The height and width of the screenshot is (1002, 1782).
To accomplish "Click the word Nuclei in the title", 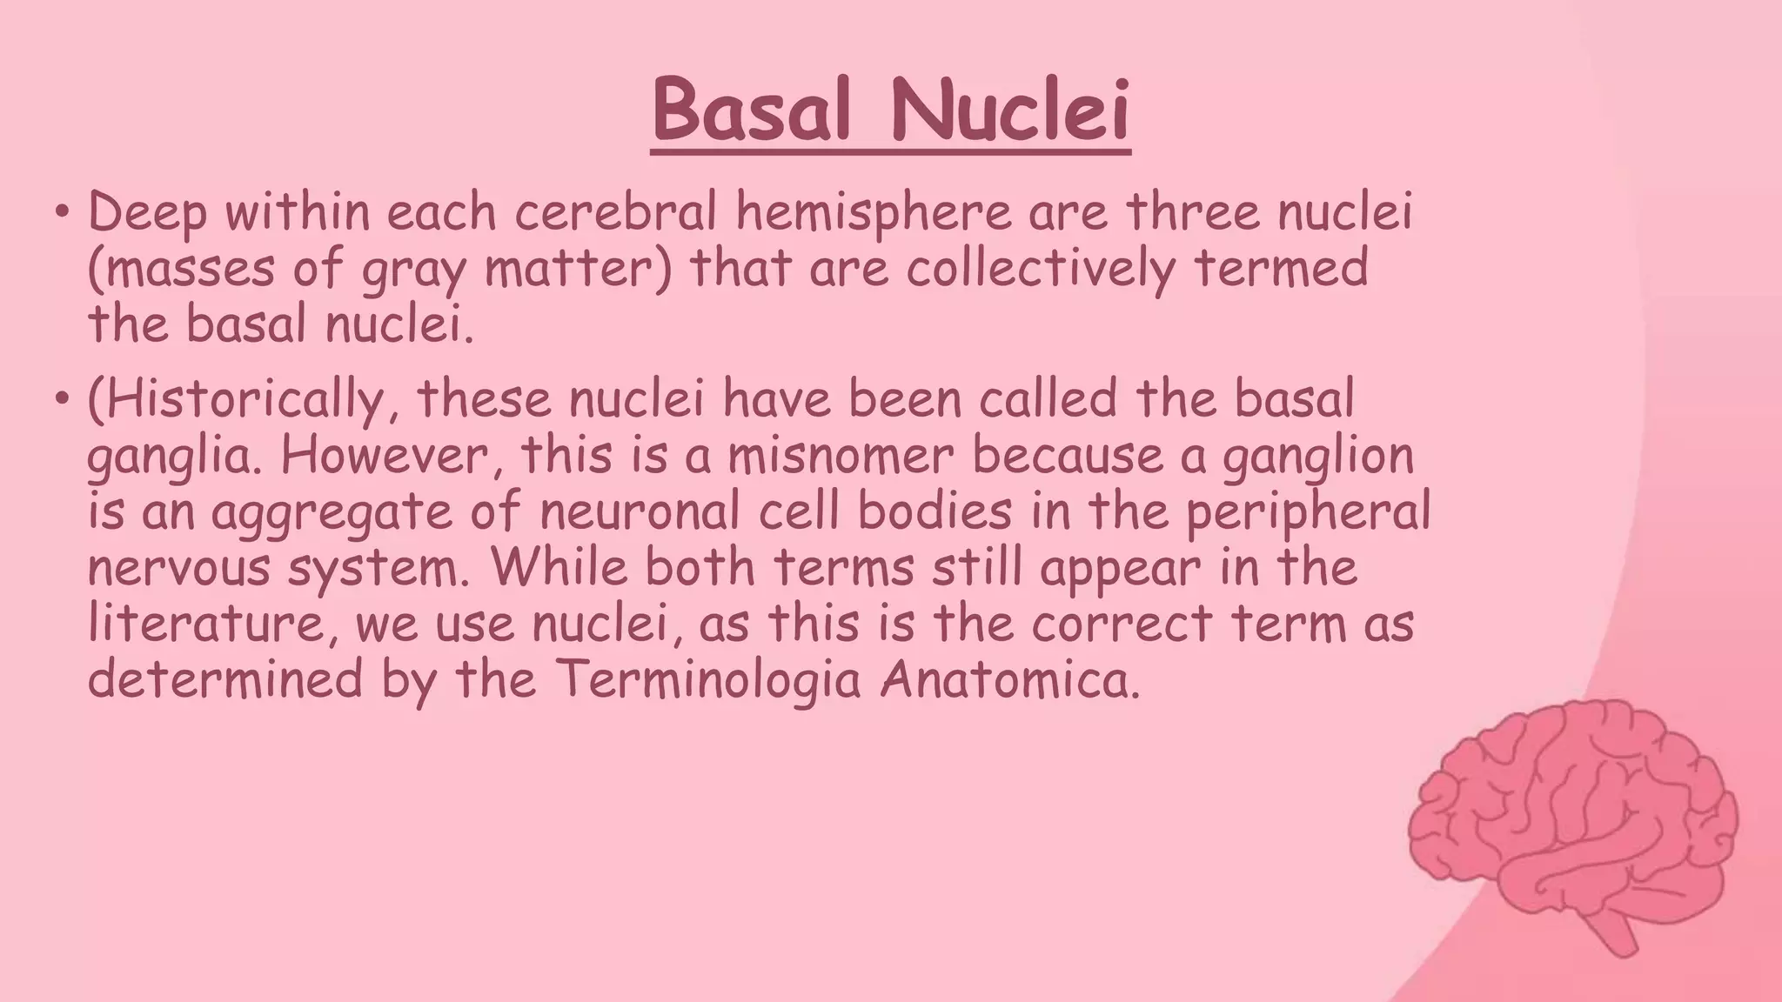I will pyautogui.click(x=1010, y=113).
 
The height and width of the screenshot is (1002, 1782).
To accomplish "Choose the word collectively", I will pyautogui.click(x=1041, y=269).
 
